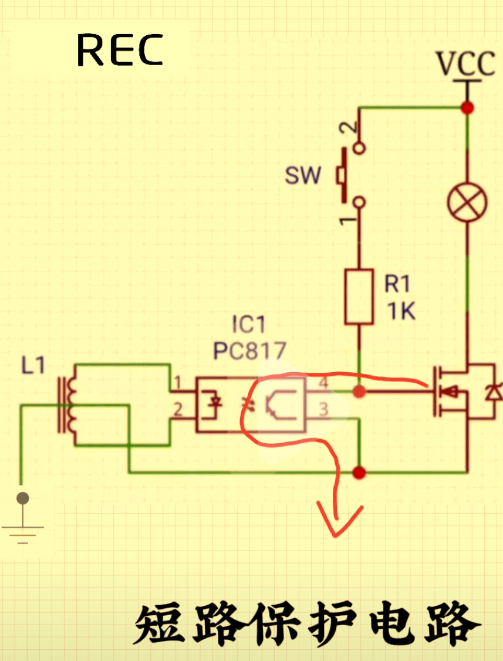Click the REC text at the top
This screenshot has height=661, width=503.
pyautogui.click(x=120, y=50)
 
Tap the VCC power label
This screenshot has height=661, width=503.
pyautogui.click(x=466, y=64)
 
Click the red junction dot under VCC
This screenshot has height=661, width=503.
pyautogui.click(x=467, y=108)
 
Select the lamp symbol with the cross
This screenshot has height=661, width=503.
pyautogui.click(x=467, y=203)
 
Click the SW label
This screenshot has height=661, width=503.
pyautogui.click(x=303, y=176)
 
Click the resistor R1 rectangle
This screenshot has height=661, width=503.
pyautogui.click(x=359, y=297)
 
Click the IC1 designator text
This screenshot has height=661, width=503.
pyautogui.click(x=249, y=325)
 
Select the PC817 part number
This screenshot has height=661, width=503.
pyautogui.click(x=249, y=350)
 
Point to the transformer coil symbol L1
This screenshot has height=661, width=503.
pyautogui.click(x=67, y=404)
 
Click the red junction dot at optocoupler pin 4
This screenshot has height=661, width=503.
pyautogui.click(x=359, y=392)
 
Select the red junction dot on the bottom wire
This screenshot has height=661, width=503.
pyautogui.click(x=359, y=473)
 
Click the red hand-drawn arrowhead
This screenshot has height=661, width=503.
pyautogui.click(x=337, y=522)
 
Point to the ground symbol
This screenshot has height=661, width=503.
pyautogui.click(x=23, y=518)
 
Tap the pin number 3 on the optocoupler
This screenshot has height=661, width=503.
pyautogui.click(x=323, y=409)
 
